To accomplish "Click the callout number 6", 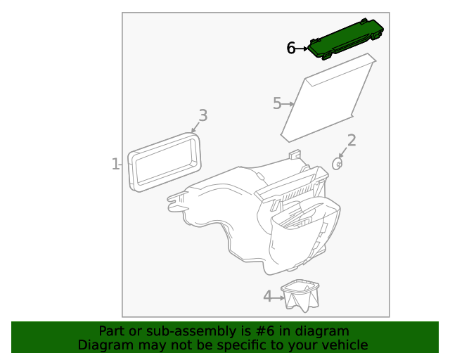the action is [290, 48].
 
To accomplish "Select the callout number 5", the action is [277, 103].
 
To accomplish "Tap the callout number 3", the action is [203, 115].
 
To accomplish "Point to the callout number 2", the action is [352, 141].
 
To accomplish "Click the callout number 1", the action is [115, 164].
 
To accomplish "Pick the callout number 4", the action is [267, 296].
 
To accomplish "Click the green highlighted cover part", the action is [346, 39].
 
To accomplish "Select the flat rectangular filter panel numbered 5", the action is [328, 98].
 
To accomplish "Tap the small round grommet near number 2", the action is [337, 164].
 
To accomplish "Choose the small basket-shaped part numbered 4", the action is [300, 296].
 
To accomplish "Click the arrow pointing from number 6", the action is [302, 49].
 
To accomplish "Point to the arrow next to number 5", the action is [288, 104].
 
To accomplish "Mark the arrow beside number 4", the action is [278, 298].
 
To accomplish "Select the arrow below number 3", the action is [195, 127].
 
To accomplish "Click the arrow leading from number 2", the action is [342, 153].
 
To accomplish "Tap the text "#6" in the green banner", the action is [265, 331].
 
